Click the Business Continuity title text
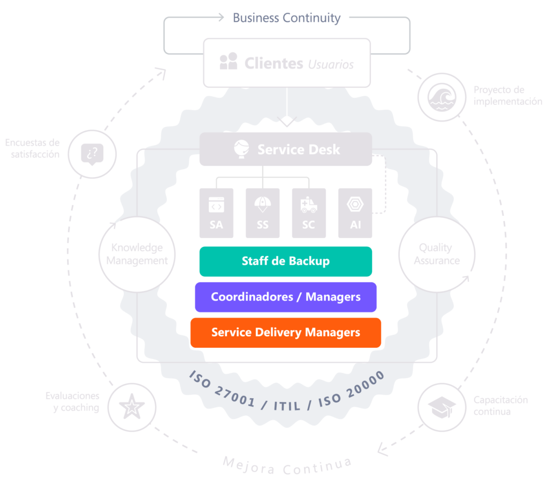[286, 18]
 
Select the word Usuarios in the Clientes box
[331, 65]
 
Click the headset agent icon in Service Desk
[242, 149]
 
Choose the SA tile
[216, 212]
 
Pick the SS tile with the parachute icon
[262, 212]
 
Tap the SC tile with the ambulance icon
[309, 212]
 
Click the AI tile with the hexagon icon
[355, 212]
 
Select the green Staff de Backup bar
[285, 261]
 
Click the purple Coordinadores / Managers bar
[285, 297]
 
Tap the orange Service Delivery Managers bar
[285, 333]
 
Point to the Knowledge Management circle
[137, 254]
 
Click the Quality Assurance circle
[436, 254]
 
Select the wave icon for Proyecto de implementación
[442, 97]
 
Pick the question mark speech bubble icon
[92, 154]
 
